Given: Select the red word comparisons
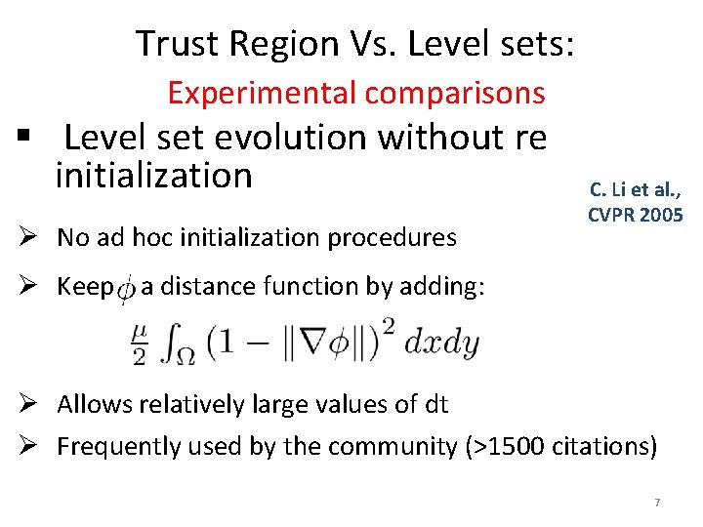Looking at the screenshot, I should click(454, 93).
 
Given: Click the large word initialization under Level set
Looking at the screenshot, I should click(153, 176).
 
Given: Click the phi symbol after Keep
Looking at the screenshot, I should click(126, 289).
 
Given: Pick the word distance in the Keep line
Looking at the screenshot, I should click(202, 287).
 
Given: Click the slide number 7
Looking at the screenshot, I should click(657, 503).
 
